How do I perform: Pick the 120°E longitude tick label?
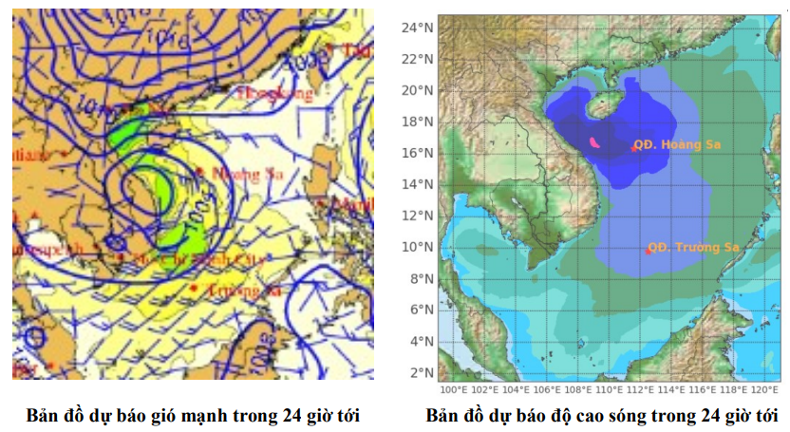pos(765,389)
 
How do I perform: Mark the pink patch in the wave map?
pos(594,142)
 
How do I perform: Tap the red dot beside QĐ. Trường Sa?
pos(649,251)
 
